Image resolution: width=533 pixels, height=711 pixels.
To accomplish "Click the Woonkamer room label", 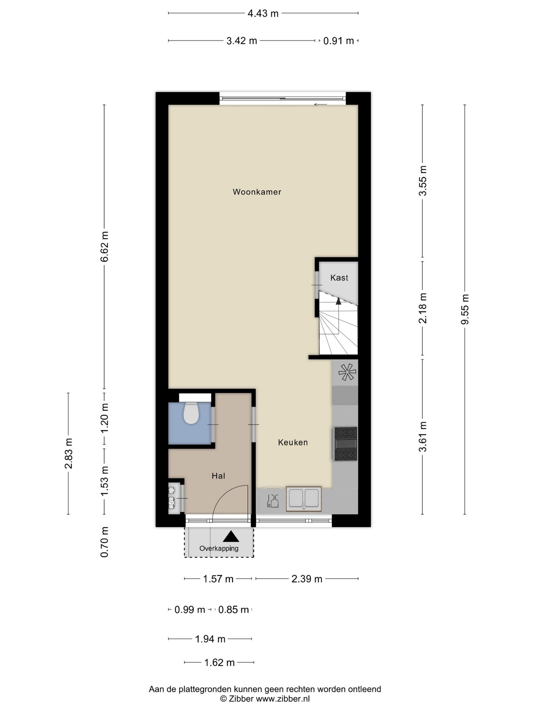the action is [257, 192].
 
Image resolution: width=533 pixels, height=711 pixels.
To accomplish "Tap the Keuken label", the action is [293, 442].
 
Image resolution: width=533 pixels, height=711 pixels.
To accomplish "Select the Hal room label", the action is [218, 476].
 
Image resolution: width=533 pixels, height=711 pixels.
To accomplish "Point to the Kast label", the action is [339, 277].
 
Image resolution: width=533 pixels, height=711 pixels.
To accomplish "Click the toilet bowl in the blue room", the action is [191, 413].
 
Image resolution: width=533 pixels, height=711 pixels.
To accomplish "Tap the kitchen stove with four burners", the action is [346, 444].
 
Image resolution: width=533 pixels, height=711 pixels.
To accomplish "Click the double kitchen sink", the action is [304, 499].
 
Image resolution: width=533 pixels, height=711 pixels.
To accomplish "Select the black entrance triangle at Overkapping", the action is [231, 536].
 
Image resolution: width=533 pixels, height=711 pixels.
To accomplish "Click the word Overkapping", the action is [219, 548].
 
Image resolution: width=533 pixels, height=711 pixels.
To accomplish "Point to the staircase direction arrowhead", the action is [338, 301].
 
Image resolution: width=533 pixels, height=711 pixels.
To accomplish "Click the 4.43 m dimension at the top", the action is [263, 14].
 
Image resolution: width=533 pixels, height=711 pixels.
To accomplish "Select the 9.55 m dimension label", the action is [465, 309].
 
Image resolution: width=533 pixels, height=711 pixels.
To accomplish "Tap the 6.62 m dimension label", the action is [105, 247].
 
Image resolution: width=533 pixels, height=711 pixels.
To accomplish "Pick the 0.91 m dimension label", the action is [339, 41].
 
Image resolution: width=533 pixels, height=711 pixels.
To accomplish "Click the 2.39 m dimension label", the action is [307, 579].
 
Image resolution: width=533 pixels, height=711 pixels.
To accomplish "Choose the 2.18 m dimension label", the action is [423, 308].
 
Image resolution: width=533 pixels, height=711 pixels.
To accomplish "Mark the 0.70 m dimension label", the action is [105, 542].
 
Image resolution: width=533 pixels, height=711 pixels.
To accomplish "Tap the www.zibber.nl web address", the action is [283, 699].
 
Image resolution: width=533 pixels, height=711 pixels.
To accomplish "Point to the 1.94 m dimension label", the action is [210, 639].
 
